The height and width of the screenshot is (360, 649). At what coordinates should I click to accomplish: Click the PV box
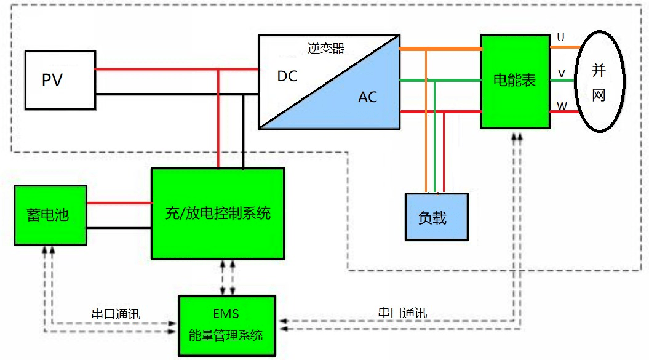pyautogui.click(x=60, y=80)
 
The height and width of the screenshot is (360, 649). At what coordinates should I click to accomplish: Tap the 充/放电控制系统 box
pyautogui.click(x=218, y=214)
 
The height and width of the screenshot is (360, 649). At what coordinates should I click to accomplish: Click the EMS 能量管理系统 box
pyautogui.click(x=226, y=326)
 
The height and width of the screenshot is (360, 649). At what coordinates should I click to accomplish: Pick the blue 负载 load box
pyautogui.click(x=436, y=217)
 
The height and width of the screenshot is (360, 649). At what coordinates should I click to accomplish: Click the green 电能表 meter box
pyautogui.click(x=515, y=81)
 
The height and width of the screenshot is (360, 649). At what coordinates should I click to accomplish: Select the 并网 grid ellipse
pyautogui.click(x=599, y=81)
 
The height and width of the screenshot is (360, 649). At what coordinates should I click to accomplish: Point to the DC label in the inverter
pyautogui.click(x=287, y=76)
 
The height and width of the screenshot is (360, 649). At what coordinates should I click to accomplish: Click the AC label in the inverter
pyautogui.click(x=368, y=97)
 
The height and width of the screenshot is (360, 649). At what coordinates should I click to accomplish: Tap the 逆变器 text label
pyautogui.click(x=325, y=49)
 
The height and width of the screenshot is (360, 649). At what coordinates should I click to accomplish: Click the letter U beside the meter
pyautogui.click(x=560, y=38)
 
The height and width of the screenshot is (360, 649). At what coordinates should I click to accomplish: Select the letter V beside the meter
pyautogui.click(x=561, y=73)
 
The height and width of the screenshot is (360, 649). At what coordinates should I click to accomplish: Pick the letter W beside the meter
pyautogui.click(x=562, y=106)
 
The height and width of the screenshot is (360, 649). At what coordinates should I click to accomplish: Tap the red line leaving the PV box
pyautogui.click(x=154, y=69)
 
